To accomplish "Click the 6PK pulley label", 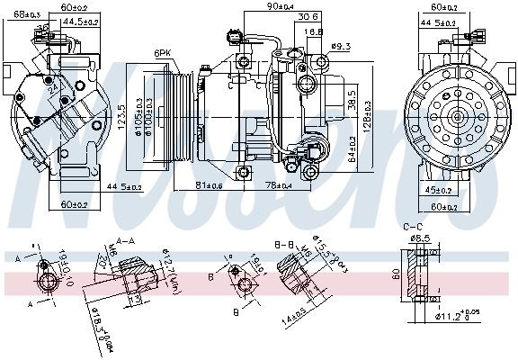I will (163, 53).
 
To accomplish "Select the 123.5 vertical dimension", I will (121, 118).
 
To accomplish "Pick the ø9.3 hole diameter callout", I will (341, 45).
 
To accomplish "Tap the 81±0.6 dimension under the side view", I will (210, 186).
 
